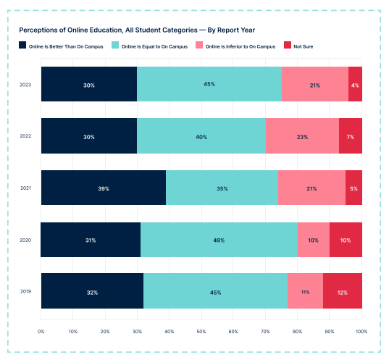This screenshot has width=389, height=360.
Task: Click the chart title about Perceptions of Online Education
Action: [x=137, y=30]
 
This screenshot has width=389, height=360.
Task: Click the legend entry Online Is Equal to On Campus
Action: [x=150, y=46]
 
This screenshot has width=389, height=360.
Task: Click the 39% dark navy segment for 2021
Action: [x=103, y=188]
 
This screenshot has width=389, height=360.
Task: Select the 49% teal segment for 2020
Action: [x=219, y=240]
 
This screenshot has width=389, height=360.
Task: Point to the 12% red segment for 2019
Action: [x=343, y=293]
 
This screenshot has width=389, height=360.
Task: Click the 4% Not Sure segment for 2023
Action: [x=355, y=85]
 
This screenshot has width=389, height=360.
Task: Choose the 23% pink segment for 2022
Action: [x=302, y=137]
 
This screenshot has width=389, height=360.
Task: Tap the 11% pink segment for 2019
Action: [x=305, y=293]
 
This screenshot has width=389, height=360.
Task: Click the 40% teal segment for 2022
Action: [x=201, y=137]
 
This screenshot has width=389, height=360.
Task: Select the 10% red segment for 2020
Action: [x=346, y=240]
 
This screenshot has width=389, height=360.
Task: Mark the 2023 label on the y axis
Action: [x=25, y=85]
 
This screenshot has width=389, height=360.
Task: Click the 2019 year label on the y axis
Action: [x=25, y=293]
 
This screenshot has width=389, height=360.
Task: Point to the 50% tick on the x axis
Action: [x=201, y=332]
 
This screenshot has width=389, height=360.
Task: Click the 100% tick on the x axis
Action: [x=361, y=332]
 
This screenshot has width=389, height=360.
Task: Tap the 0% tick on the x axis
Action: [x=41, y=332]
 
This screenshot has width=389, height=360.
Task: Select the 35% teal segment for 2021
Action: [x=222, y=188]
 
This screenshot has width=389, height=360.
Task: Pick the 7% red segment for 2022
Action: [x=351, y=137]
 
